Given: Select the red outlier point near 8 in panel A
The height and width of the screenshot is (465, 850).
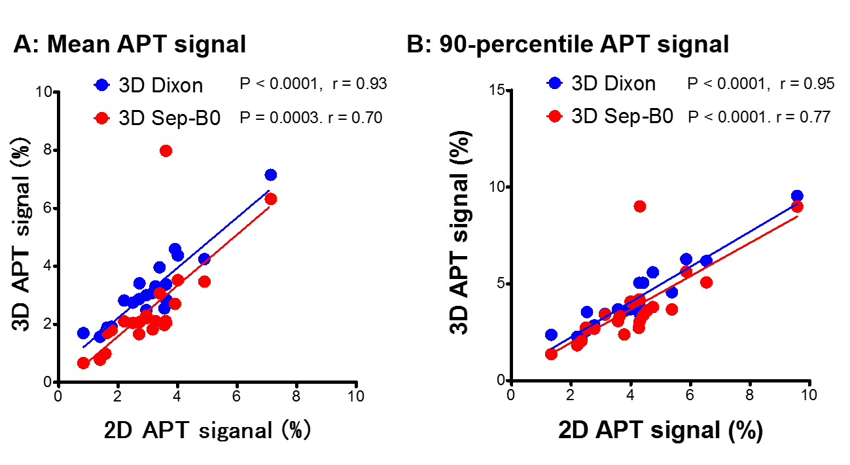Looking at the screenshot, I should (x=166, y=151).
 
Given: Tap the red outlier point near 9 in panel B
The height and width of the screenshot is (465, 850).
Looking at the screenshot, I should (x=640, y=206).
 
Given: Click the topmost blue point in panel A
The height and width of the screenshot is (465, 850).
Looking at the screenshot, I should (x=271, y=175).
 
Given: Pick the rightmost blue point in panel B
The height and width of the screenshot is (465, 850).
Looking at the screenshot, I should (x=797, y=196).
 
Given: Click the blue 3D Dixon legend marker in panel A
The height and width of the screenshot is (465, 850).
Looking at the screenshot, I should (x=101, y=85).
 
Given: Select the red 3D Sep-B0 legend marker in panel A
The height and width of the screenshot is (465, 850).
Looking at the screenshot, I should (x=101, y=118).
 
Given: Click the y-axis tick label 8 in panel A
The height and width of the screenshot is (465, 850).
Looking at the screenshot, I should (x=48, y=150).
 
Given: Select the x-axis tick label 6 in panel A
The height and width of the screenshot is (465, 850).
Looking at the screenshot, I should (x=237, y=397).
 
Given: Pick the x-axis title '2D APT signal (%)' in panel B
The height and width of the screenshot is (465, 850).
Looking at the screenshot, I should (x=660, y=430).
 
